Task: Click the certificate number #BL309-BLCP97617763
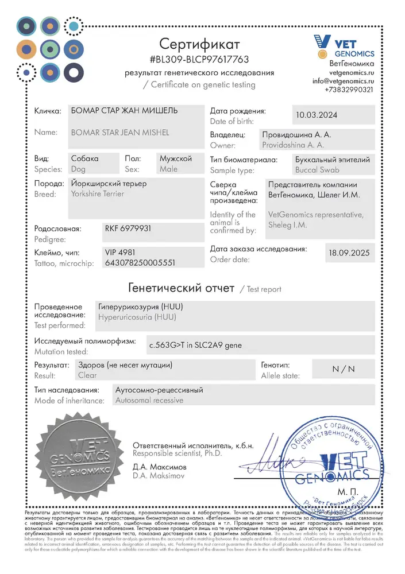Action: point(199,59)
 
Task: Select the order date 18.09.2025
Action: point(349,253)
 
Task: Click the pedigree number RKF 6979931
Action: point(128,228)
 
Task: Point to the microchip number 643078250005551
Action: point(140,262)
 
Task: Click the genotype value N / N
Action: point(344,369)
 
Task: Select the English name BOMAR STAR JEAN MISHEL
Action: point(119,133)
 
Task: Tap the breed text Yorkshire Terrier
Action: point(97,194)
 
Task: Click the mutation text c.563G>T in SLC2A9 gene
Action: point(195,345)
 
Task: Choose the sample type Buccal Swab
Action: point(317,170)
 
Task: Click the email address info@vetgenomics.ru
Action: point(344,82)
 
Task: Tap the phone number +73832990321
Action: point(349,90)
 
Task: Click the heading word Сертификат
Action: point(199,44)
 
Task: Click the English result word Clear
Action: point(87,375)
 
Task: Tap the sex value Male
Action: point(169,169)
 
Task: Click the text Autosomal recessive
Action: point(149,400)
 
